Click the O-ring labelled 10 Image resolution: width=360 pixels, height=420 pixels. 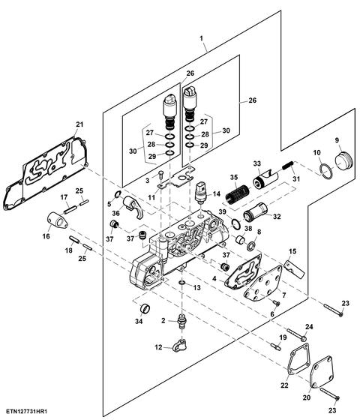[x=326, y=172]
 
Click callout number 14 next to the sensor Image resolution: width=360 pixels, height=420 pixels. [x=216, y=193]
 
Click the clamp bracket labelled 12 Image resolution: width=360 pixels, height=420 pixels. [x=180, y=345]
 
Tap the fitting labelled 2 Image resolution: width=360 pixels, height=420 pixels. [x=182, y=321]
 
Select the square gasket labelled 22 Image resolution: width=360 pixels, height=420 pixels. [x=298, y=358]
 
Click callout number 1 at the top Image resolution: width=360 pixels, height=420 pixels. [x=201, y=38]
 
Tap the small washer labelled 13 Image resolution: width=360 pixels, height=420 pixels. [x=181, y=283]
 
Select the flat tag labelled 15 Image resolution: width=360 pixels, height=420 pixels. [x=295, y=269]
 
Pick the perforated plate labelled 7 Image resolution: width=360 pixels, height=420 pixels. [x=263, y=283]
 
